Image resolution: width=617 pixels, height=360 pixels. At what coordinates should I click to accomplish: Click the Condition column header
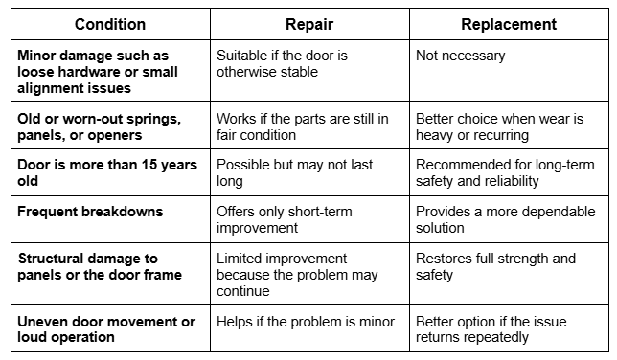[110, 24]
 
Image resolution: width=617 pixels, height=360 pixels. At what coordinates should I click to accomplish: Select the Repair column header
[308, 24]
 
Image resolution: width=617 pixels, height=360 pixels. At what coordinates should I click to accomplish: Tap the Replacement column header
[508, 24]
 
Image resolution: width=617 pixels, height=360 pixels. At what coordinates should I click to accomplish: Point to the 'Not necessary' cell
[460, 56]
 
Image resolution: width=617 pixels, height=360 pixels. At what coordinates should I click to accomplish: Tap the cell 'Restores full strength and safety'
[496, 265]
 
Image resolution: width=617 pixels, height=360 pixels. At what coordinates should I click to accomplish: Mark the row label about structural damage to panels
[100, 265]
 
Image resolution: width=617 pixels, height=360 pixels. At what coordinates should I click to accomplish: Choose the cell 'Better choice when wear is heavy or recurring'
[499, 126]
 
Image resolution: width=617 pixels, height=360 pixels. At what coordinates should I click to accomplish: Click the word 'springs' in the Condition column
[155, 119]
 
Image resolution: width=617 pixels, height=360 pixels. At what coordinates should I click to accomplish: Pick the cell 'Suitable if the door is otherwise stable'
[287, 64]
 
